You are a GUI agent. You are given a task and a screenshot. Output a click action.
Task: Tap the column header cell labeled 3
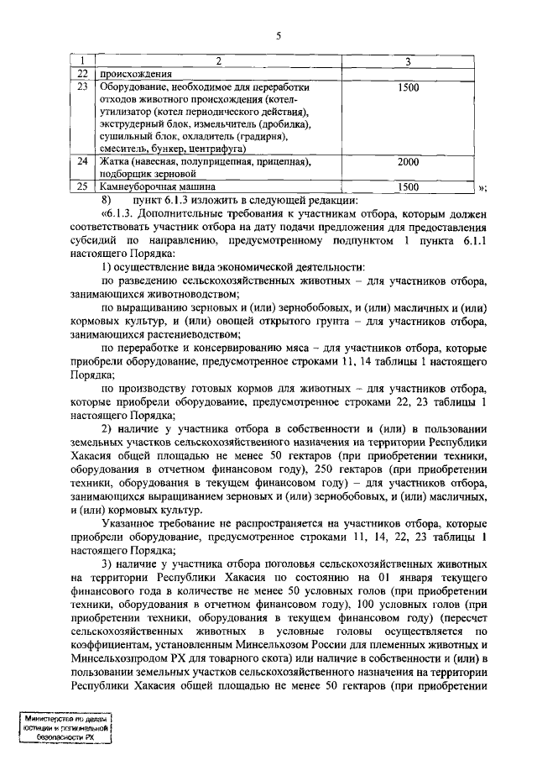coord(407,61)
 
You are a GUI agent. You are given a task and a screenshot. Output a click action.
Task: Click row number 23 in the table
coord(82,87)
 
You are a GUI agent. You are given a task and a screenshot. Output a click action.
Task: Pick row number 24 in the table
coord(82,161)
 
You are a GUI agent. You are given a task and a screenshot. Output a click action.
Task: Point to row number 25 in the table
coord(82,186)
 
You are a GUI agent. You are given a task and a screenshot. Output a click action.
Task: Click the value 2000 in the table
coord(408,161)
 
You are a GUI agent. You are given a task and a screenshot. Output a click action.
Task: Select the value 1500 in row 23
coord(408,87)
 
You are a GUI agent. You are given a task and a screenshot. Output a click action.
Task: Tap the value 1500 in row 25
coord(408,186)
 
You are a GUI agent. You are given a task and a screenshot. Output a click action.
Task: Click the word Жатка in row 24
coord(115,161)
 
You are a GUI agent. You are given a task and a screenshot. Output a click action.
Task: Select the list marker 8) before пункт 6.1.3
coord(107,200)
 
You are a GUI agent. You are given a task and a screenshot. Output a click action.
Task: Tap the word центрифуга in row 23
coord(208,149)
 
